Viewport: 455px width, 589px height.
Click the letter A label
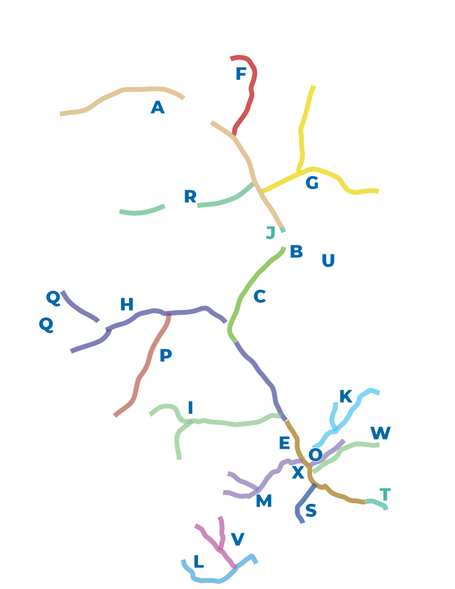pyautogui.click(x=158, y=107)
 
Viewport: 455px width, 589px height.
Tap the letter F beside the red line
pyautogui.click(x=241, y=74)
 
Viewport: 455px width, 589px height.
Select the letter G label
pyautogui.click(x=312, y=183)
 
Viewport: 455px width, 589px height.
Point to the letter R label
pyautogui.click(x=191, y=197)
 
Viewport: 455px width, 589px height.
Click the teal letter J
pyautogui.click(x=271, y=232)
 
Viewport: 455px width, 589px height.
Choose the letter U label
pyautogui.click(x=328, y=260)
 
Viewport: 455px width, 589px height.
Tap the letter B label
pyautogui.click(x=296, y=251)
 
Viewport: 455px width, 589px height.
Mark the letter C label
pyautogui.click(x=260, y=296)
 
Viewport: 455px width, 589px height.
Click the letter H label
pyautogui.click(x=127, y=304)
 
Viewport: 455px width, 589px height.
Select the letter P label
pyautogui.click(x=166, y=355)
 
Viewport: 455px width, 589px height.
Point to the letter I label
pyautogui.click(x=191, y=408)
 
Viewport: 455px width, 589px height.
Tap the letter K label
pyautogui.click(x=346, y=396)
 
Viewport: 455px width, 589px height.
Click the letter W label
pyautogui.click(x=380, y=433)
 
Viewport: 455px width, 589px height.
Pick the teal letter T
pyautogui.click(x=385, y=495)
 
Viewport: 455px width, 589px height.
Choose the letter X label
pyautogui.click(x=298, y=472)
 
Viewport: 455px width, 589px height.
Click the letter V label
pyautogui.click(x=238, y=539)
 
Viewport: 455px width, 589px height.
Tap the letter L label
pyautogui.click(x=198, y=562)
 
